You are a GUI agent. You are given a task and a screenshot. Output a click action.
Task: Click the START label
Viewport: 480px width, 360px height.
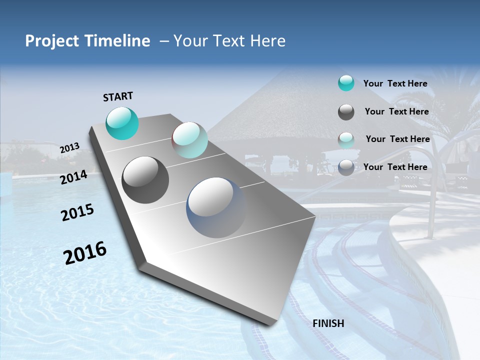click(118, 96)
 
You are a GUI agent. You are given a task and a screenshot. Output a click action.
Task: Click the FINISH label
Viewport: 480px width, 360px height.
click(328, 323)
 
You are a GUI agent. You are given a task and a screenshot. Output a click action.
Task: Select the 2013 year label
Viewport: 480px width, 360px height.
click(69, 148)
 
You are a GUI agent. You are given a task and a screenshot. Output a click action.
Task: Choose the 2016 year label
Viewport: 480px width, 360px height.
click(85, 253)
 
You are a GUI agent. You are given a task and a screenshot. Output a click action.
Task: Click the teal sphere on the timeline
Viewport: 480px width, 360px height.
click(122, 123)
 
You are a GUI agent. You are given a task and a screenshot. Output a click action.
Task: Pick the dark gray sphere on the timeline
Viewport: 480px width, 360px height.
click(145, 180)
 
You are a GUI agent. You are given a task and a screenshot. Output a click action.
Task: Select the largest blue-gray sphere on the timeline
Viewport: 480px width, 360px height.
click(216, 207)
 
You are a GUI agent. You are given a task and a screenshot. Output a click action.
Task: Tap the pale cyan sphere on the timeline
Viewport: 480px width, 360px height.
click(189, 140)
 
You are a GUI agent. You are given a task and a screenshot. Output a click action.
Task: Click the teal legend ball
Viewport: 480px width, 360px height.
click(346, 83)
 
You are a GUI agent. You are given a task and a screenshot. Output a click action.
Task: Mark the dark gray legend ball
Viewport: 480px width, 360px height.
click(346, 112)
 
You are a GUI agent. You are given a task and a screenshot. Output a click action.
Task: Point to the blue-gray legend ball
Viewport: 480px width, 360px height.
click(346, 167)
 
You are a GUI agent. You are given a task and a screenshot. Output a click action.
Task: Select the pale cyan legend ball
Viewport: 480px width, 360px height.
click(346, 139)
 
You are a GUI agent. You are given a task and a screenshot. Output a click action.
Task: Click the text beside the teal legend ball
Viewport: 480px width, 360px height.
click(395, 83)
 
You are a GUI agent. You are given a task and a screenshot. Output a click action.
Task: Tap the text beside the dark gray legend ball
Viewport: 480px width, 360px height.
click(396, 111)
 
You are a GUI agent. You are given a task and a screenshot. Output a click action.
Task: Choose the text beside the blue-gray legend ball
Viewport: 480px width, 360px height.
click(395, 167)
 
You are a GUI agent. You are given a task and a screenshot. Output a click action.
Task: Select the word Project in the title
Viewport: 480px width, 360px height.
click(51, 41)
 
